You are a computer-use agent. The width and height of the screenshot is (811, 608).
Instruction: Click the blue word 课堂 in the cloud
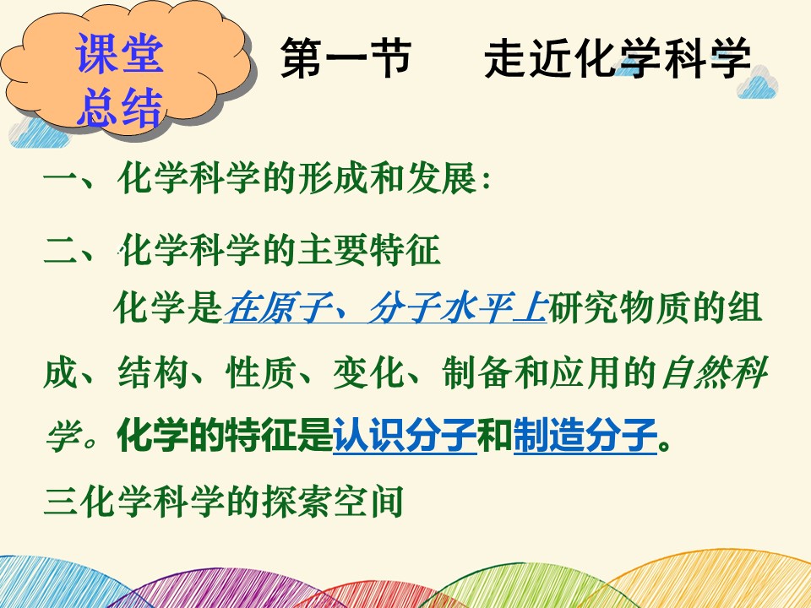point(120,54)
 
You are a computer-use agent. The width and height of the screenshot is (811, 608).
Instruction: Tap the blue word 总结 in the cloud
point(120,107)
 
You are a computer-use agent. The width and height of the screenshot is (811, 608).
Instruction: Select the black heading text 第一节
point(346,57)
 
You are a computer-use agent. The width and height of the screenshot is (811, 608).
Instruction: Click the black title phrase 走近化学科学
point(617,57)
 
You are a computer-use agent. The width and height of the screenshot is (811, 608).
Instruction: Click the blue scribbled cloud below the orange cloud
point(36,133)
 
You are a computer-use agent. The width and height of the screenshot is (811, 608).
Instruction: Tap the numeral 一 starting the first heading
point(61,179)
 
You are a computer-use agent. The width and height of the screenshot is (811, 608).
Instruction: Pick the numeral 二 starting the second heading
point(61,250)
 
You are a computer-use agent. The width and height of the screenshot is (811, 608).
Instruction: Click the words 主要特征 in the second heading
point(369,250)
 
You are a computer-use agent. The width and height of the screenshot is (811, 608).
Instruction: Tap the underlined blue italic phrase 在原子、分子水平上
point(385,307)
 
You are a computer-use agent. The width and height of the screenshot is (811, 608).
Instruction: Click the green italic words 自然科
point(715,372)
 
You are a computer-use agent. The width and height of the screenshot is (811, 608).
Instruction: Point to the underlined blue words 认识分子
point(405,436)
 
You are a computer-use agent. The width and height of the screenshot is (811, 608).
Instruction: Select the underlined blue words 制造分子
point(585,436)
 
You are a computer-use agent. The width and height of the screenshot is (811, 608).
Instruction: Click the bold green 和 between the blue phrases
point(495,436)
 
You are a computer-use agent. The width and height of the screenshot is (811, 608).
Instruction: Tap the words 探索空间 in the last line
point(333,501)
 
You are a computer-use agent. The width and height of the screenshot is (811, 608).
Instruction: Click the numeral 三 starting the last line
point(61,501)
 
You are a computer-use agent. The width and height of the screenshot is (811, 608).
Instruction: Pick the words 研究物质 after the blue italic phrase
point(618,307)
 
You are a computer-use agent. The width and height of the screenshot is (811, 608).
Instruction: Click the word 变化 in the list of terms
point(368,372)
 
